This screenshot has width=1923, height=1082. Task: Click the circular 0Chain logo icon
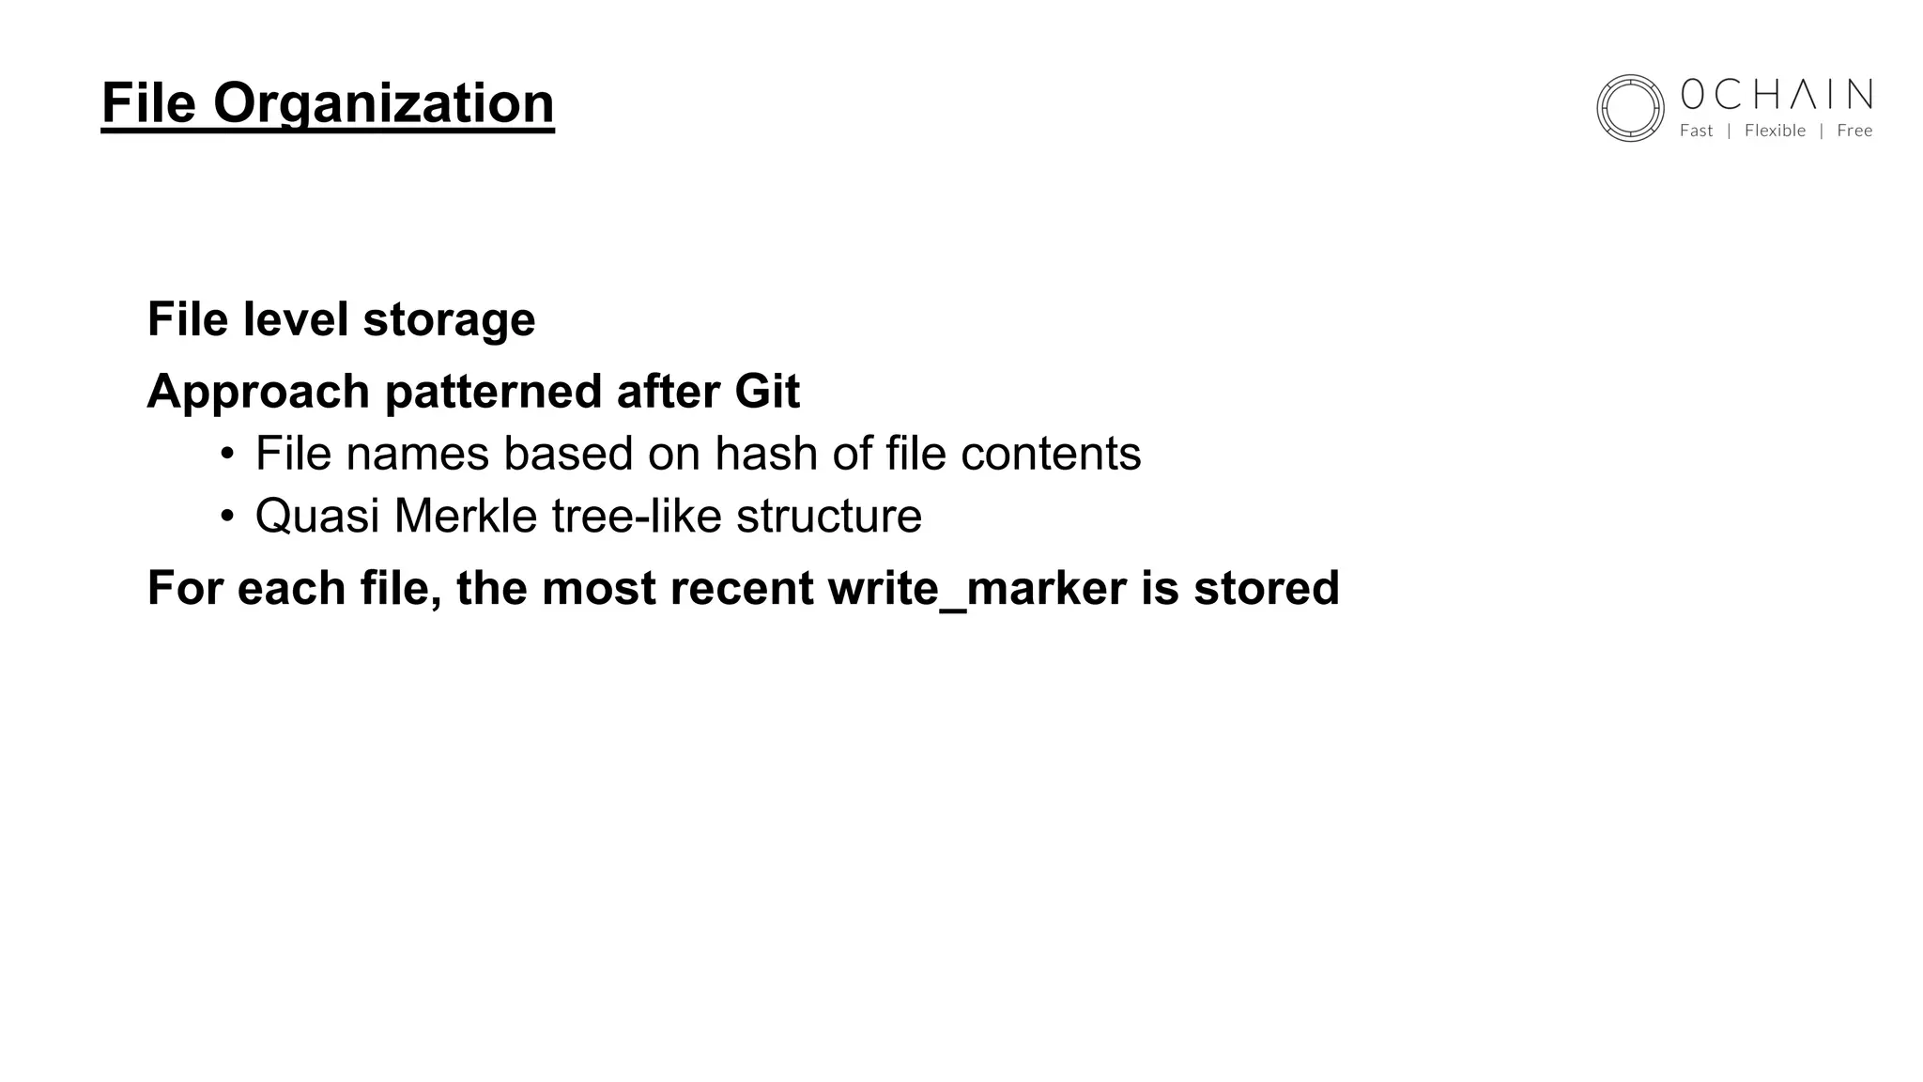click(x=1630, y=108)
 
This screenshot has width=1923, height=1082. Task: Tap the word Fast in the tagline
click(x=1696, y=131)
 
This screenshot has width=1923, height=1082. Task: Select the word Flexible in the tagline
click(x=1775, y=131)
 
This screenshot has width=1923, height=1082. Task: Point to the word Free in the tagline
click(x=1854, y=131)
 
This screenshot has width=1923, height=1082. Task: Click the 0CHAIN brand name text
click(x=1776, y=95)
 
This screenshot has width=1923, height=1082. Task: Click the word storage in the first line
click(x=449, y=319)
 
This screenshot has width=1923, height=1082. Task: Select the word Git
click(x=767, y=391)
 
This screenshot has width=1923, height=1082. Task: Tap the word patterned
click(x=493, y=391)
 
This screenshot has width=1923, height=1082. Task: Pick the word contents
click(x=1051, y=454)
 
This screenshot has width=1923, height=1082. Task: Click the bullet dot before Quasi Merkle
click(x=226, y=517)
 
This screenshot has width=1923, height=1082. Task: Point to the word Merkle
click(x=466, y=516)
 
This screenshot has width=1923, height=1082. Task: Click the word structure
click(x=829, y=516)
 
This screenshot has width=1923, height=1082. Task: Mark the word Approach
click(x=258, y=392)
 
